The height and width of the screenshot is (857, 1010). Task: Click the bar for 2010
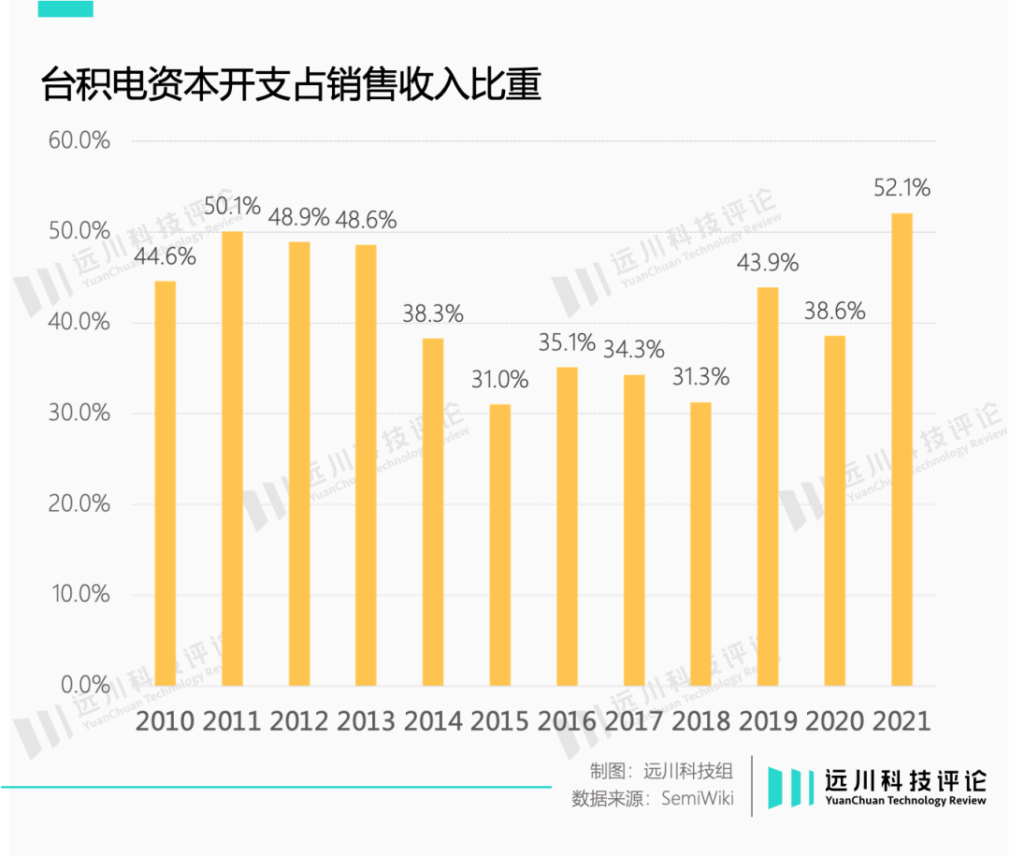[x=165, y=483]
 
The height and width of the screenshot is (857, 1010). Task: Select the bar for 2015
[x=500, y=545]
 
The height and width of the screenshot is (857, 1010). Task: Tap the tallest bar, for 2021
[x=902, y=449]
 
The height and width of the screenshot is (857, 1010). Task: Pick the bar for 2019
[x=767, y=487]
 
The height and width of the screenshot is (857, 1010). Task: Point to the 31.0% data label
[x=499, y=380]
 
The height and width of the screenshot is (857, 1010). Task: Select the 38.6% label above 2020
[x=834, y=311]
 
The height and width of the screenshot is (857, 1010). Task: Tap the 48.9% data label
[x=299, y=217]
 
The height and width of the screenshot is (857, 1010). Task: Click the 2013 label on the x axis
[x=366, y=721]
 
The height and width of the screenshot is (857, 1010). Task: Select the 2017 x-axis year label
[x=634, y=721]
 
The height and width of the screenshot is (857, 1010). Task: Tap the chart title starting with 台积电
[x=291, y=85]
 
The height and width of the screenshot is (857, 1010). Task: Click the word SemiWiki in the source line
[x=698, y=799]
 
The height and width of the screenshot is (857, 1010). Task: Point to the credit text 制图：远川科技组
[x=661, y=771]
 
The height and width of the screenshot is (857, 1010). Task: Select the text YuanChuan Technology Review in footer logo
[x=905, y=802]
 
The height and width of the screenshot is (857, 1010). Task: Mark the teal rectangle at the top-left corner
[x=65, y=8]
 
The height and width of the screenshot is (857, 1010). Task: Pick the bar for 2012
[x=299, y=463]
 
